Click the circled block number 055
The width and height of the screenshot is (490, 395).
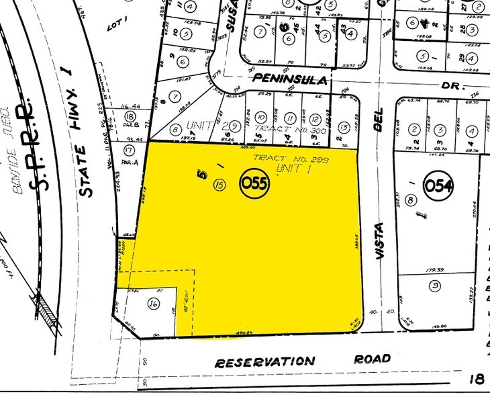coord(255,183)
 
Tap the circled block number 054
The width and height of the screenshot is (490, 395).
coord(438,184)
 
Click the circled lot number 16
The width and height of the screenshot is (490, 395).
coord(153,304)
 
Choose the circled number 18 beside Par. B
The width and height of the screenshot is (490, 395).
coord(130,117)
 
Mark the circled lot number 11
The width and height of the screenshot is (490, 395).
coord(291,118)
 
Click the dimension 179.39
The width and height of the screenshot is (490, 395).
coord(436,271)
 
